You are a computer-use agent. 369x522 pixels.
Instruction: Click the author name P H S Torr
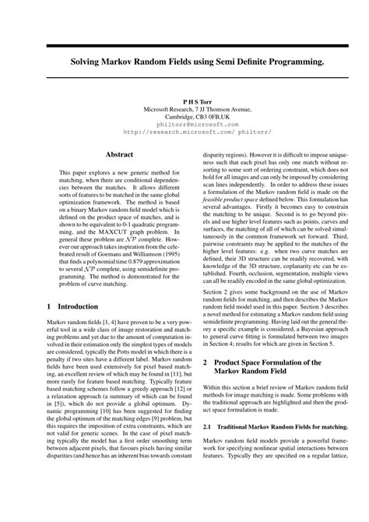(x=184, y=102)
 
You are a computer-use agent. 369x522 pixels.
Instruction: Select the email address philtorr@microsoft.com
(x=184, y=124)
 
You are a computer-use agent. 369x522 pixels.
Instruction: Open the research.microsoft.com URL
(x=184, y=132)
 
